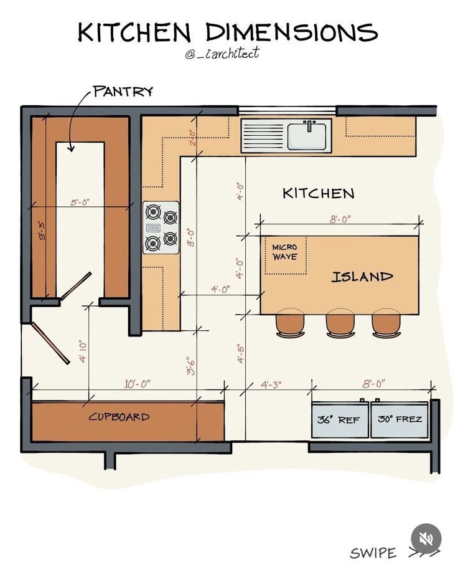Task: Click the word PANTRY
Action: (x=123, y=91)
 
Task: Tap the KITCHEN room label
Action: (x=319, y=193)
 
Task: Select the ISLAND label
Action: (x=362, y=277)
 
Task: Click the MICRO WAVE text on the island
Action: (x=285, y=252)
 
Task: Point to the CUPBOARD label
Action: (x=119, y=416)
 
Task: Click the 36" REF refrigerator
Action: (x=340, y=419)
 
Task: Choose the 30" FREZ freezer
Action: (x=399, y=419)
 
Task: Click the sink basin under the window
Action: (x=307, y=136)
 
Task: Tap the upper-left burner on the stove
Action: (x=153, y=212)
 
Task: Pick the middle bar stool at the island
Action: (x=340, y=323)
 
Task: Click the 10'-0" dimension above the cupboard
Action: (x=137, y=384)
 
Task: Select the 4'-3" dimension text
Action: (x=271, y=384)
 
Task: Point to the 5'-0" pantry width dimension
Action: (x=80, y=202)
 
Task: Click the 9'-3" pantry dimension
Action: (x=42, y=231)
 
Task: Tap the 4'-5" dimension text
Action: (x=240, y=354)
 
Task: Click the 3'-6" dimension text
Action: (x=191, y=366)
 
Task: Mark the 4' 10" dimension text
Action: (x=83, y=351)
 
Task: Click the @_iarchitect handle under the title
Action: (x=222, y=54)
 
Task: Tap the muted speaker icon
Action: (x=426, y=538)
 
